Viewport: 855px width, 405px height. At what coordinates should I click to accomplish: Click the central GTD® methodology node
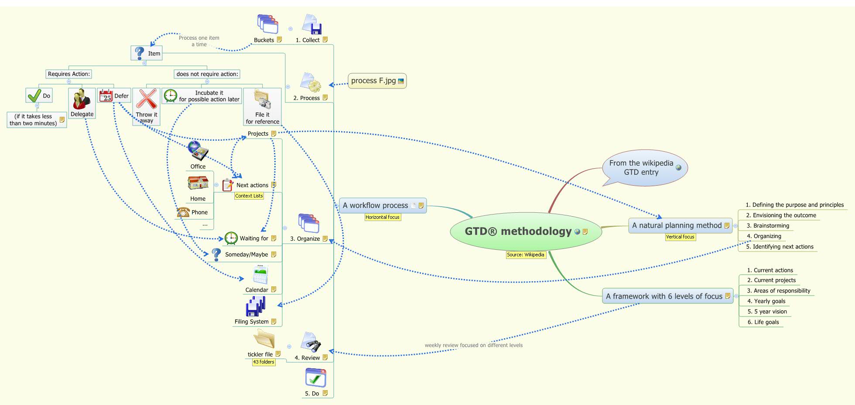(518, 231)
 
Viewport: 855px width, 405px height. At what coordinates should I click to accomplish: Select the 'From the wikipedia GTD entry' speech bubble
(641, 167)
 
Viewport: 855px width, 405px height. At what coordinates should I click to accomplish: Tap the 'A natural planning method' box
(677, 225)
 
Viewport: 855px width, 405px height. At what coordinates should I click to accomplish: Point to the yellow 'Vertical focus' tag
(680, 237)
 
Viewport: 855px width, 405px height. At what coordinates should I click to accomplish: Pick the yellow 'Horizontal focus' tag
(383, 217)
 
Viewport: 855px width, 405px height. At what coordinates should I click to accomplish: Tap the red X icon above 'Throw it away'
(147, 99)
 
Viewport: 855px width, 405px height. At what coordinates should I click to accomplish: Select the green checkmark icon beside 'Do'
(34, 95)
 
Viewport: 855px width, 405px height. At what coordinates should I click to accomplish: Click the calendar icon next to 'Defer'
(106, 95)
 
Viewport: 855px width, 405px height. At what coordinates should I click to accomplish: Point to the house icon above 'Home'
(198, 183)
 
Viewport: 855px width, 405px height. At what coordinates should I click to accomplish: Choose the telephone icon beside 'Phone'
(183, 212)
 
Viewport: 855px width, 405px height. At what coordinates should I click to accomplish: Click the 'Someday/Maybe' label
(246, 255)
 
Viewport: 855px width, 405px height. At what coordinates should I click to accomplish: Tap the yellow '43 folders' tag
(263, 362)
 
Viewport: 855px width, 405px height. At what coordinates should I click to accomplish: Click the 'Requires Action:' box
(69, 74)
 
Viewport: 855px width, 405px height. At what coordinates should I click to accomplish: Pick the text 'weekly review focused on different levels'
(473, 345)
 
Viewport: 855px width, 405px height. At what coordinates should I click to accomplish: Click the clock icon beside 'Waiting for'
(231, 238)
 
